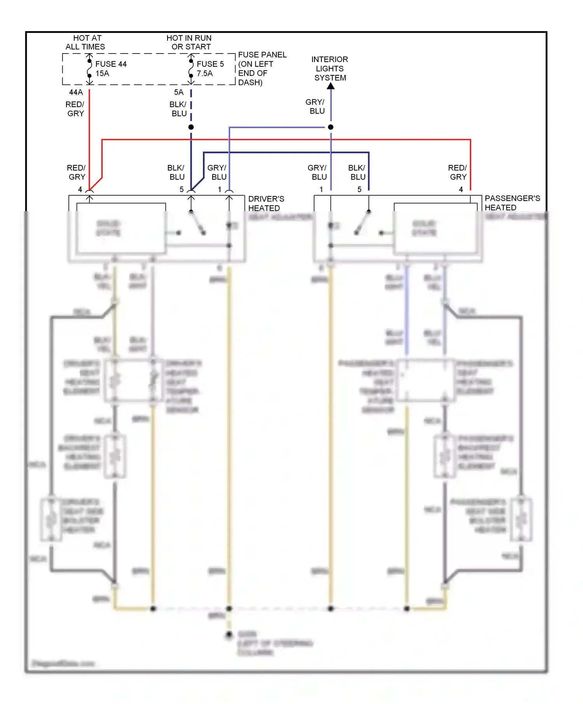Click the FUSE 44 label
[111, 64]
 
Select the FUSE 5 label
[210, 64]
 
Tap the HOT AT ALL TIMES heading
[86, 42]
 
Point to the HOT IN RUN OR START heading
[189, 42]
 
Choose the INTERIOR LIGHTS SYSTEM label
[330, 68]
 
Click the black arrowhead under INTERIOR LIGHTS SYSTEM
[331, 86]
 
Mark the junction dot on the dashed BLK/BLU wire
[191, 127]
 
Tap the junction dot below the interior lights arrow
[331, 127]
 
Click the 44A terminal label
[76, 92]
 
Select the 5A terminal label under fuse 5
[178, 92]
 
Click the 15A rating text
[102, 73]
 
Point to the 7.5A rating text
[204, 73]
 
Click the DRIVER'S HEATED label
[266, 203]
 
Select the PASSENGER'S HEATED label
[512, 203]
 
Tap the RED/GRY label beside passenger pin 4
[457, 172]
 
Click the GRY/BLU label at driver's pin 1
[217, 172]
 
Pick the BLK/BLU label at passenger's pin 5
[357, 172]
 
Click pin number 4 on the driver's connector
[80, 189]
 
